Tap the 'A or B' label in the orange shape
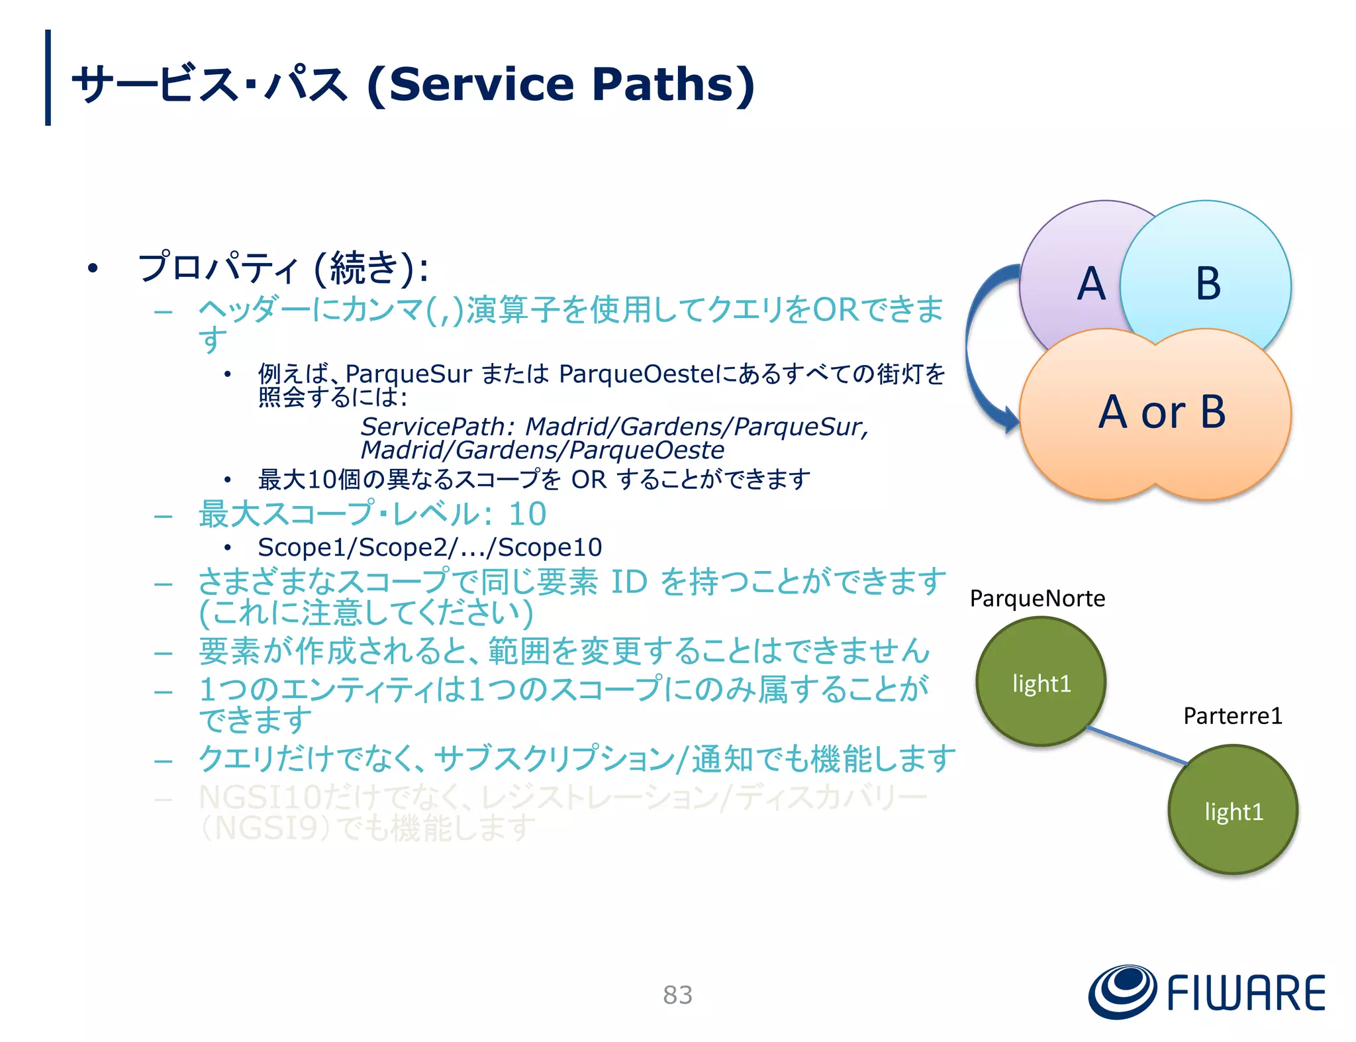pos(1162,412)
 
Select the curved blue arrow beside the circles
pos(975,344)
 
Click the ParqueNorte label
pos(1037,599)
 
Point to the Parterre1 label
pos(1232,716)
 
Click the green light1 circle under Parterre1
pos(1233,810)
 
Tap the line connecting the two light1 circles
pos(1137,745)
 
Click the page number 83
pos(677,995)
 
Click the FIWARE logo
pos(1206,992)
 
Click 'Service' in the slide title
pos(481,85)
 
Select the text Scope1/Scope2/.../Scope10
pos(430,547)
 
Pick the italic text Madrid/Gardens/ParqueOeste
pos(542,450)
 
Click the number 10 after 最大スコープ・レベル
pos(527,514)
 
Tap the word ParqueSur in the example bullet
pos(409,374)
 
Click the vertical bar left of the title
pos(48,78)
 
